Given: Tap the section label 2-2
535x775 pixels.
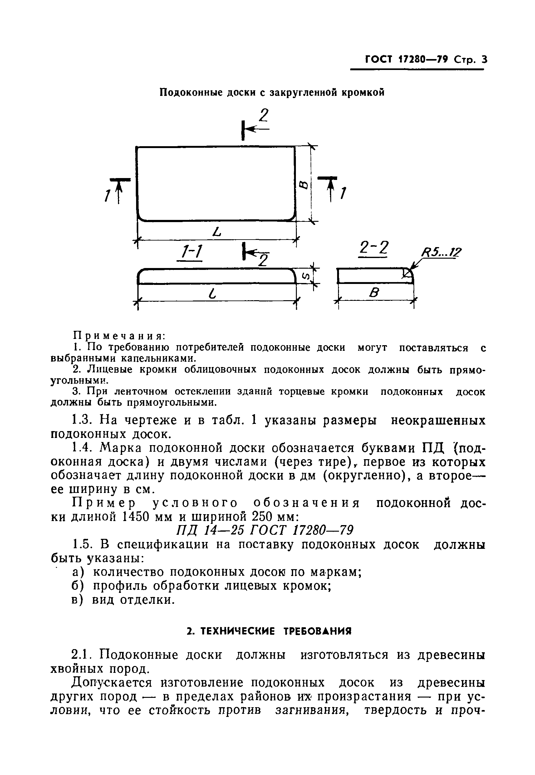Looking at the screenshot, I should tap(373, 249).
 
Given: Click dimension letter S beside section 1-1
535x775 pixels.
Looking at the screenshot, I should tap(306, 276).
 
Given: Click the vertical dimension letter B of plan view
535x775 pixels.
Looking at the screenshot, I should tap(303, 185).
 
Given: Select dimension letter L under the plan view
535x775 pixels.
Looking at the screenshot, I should tap(217, 231).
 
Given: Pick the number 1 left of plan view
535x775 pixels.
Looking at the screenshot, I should tap(107, 195).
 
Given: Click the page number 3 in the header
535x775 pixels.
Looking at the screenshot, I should tap(483, 60).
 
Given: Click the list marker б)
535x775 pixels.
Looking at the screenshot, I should tap(78, 586).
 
